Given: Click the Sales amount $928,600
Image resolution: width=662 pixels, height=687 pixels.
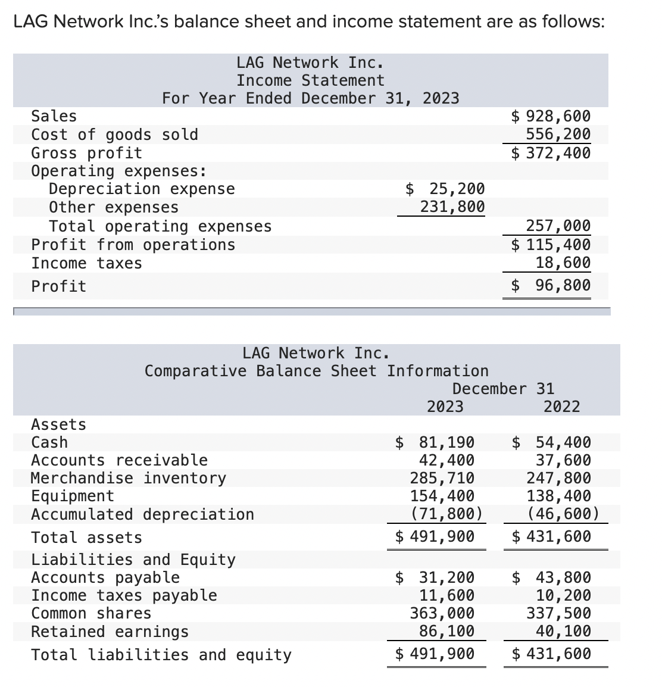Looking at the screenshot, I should [551, 116].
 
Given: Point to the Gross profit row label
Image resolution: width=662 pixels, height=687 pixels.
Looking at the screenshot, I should [86, 153].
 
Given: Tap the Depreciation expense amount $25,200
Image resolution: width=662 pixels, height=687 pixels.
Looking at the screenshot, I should [445, 189].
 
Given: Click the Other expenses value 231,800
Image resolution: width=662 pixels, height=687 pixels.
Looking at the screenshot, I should [452, 207].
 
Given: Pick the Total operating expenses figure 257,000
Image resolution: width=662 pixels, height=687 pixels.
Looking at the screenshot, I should [558, 226].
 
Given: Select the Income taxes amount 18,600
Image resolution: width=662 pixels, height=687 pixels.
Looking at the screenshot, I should [563, 263].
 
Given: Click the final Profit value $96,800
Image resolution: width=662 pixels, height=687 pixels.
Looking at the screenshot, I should [551, 285].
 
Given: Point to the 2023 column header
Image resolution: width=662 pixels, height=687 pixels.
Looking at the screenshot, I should [445, 407].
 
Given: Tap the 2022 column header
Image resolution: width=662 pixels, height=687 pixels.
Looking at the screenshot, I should [561, 407].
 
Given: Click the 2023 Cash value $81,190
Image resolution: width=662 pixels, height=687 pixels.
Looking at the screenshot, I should [435, 442].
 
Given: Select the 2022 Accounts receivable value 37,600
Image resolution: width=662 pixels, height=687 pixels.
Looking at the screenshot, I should [563, 460].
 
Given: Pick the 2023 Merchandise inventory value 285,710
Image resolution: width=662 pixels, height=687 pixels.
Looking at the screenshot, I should [442, 478].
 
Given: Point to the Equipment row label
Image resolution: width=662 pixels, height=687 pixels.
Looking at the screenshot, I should [72, 496].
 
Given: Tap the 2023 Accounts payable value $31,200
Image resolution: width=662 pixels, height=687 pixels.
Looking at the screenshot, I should [435, 577].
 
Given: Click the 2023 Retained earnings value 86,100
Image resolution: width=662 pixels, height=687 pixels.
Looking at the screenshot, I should [447, 631].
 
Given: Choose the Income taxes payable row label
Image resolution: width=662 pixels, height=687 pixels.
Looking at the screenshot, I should [124, 595].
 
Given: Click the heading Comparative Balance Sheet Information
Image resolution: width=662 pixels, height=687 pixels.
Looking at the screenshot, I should [316, 371].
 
